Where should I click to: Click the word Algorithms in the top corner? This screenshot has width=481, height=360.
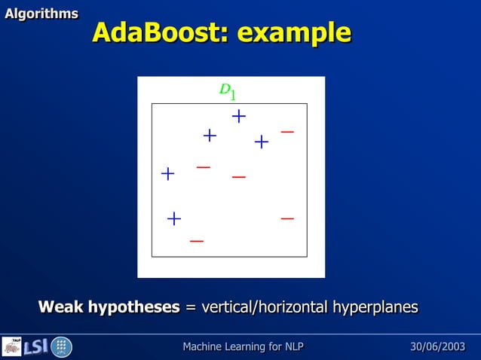(x=41, y=14)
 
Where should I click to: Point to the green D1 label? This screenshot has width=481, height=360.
(x=228, y=90)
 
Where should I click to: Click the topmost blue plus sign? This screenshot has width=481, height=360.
(x=239, y=116)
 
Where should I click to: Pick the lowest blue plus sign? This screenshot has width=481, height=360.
(x=174, y=218)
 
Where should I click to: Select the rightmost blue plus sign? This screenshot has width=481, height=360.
(x=262, y=142)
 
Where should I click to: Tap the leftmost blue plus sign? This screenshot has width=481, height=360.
(x=167, y=174)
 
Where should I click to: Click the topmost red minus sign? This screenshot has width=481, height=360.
(x=287, y=132)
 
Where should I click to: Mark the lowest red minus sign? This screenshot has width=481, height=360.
(x=197, y=241)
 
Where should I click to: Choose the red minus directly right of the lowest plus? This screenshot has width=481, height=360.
(x=287, y=218)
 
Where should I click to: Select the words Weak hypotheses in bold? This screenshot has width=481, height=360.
(x=109, y=307)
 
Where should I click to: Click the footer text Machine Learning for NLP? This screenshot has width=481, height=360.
(x=243, y=346)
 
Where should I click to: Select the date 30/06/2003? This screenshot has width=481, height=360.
(x=437, y=346)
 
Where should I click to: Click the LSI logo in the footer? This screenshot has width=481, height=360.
(x=36, y=347)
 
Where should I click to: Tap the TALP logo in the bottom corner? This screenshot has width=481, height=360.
(x=12, y=346)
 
